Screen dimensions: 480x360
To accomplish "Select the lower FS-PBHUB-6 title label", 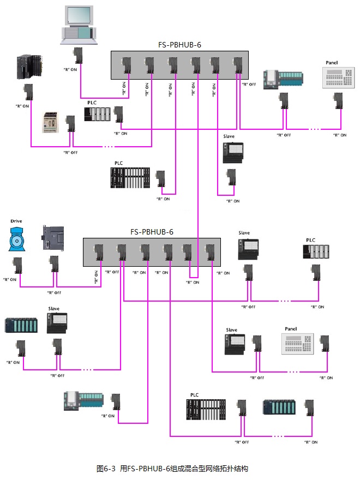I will pos(152,231).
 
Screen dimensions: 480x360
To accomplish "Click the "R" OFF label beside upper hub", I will pos(249,85).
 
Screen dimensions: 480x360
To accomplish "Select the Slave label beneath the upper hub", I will pos(229,135).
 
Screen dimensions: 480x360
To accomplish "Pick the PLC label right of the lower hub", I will pos(310,240).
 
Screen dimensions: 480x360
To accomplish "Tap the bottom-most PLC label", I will pos(195,394).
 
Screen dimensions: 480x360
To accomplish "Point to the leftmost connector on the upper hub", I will pos(125,66).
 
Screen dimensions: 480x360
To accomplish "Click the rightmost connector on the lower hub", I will pos(208,253).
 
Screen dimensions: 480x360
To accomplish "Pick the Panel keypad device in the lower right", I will pos(299,344).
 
